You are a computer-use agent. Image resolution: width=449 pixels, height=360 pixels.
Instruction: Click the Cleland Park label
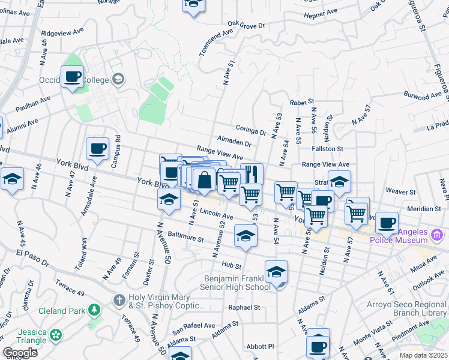pos(61,310)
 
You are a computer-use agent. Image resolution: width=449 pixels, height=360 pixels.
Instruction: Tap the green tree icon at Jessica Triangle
pos(56,334)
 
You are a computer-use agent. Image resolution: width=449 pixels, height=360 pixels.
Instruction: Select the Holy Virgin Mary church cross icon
pos(120,299)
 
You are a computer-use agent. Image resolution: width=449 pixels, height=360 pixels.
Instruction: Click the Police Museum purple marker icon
pos(437,234)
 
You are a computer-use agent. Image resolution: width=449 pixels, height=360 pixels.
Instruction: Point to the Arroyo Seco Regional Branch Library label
pos(406,308)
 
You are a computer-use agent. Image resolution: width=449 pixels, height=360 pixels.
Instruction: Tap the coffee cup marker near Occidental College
pos(73,77)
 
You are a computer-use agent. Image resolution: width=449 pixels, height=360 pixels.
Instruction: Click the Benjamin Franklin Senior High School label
pos(237,283)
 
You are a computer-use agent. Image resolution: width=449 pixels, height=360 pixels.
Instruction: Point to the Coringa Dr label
pos(251,131)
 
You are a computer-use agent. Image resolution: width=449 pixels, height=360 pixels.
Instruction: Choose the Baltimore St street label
pos(186,238)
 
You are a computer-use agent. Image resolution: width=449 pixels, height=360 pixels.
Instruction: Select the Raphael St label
pos(244,307)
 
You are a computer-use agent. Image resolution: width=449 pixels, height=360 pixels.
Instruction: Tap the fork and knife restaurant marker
pos(252,174)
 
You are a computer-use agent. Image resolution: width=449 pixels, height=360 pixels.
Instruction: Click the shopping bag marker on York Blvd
pos(204,179)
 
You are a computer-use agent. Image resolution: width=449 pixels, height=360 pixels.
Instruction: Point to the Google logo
pos(20,353)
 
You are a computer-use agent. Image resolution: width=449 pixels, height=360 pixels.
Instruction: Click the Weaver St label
pos(400,192)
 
